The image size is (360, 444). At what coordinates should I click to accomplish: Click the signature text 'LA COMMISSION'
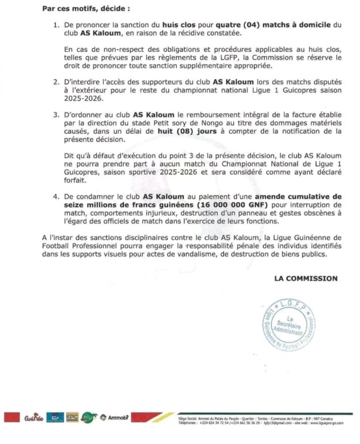pyautogui.click(x=306, y=279)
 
